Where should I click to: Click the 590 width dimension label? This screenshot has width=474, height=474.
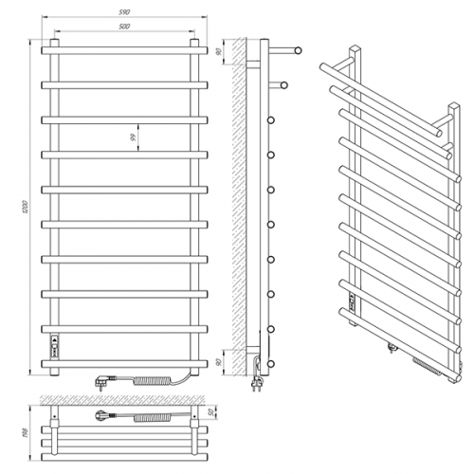pos(125,12)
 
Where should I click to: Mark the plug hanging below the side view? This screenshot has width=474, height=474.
pos(255,385)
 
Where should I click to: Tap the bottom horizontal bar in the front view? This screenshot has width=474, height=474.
pos(125,362)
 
